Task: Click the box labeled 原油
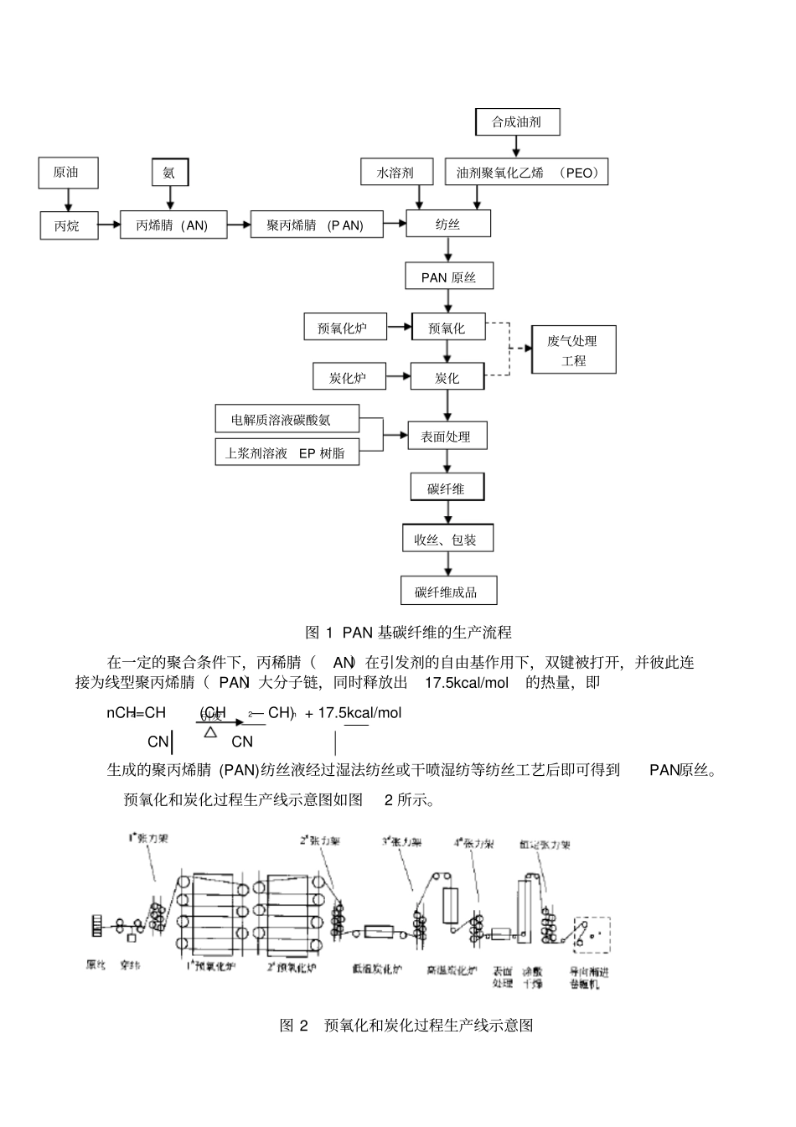tap(68, 173)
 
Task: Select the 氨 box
tap(170, 173)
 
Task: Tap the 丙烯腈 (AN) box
tap(173, 225)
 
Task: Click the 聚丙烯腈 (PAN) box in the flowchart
tap(316, 225)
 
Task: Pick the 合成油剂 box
tap(516, 121)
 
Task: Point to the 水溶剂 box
tap(396, 173)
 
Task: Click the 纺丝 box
tap(448, 225)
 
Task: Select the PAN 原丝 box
tap(448, 277)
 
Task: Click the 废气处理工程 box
tap(574, 350)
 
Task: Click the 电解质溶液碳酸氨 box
tap(287, 419)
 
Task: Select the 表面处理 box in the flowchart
tap(447, 436)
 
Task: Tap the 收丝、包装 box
tap(447, 540)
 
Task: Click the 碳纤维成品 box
tap(447, 592)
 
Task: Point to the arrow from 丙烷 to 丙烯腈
tap(109, 225)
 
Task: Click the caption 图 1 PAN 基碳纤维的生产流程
tap(408, 632)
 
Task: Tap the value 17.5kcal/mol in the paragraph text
tap(467, 683)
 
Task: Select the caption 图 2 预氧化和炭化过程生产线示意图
tap(406, 1025)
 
